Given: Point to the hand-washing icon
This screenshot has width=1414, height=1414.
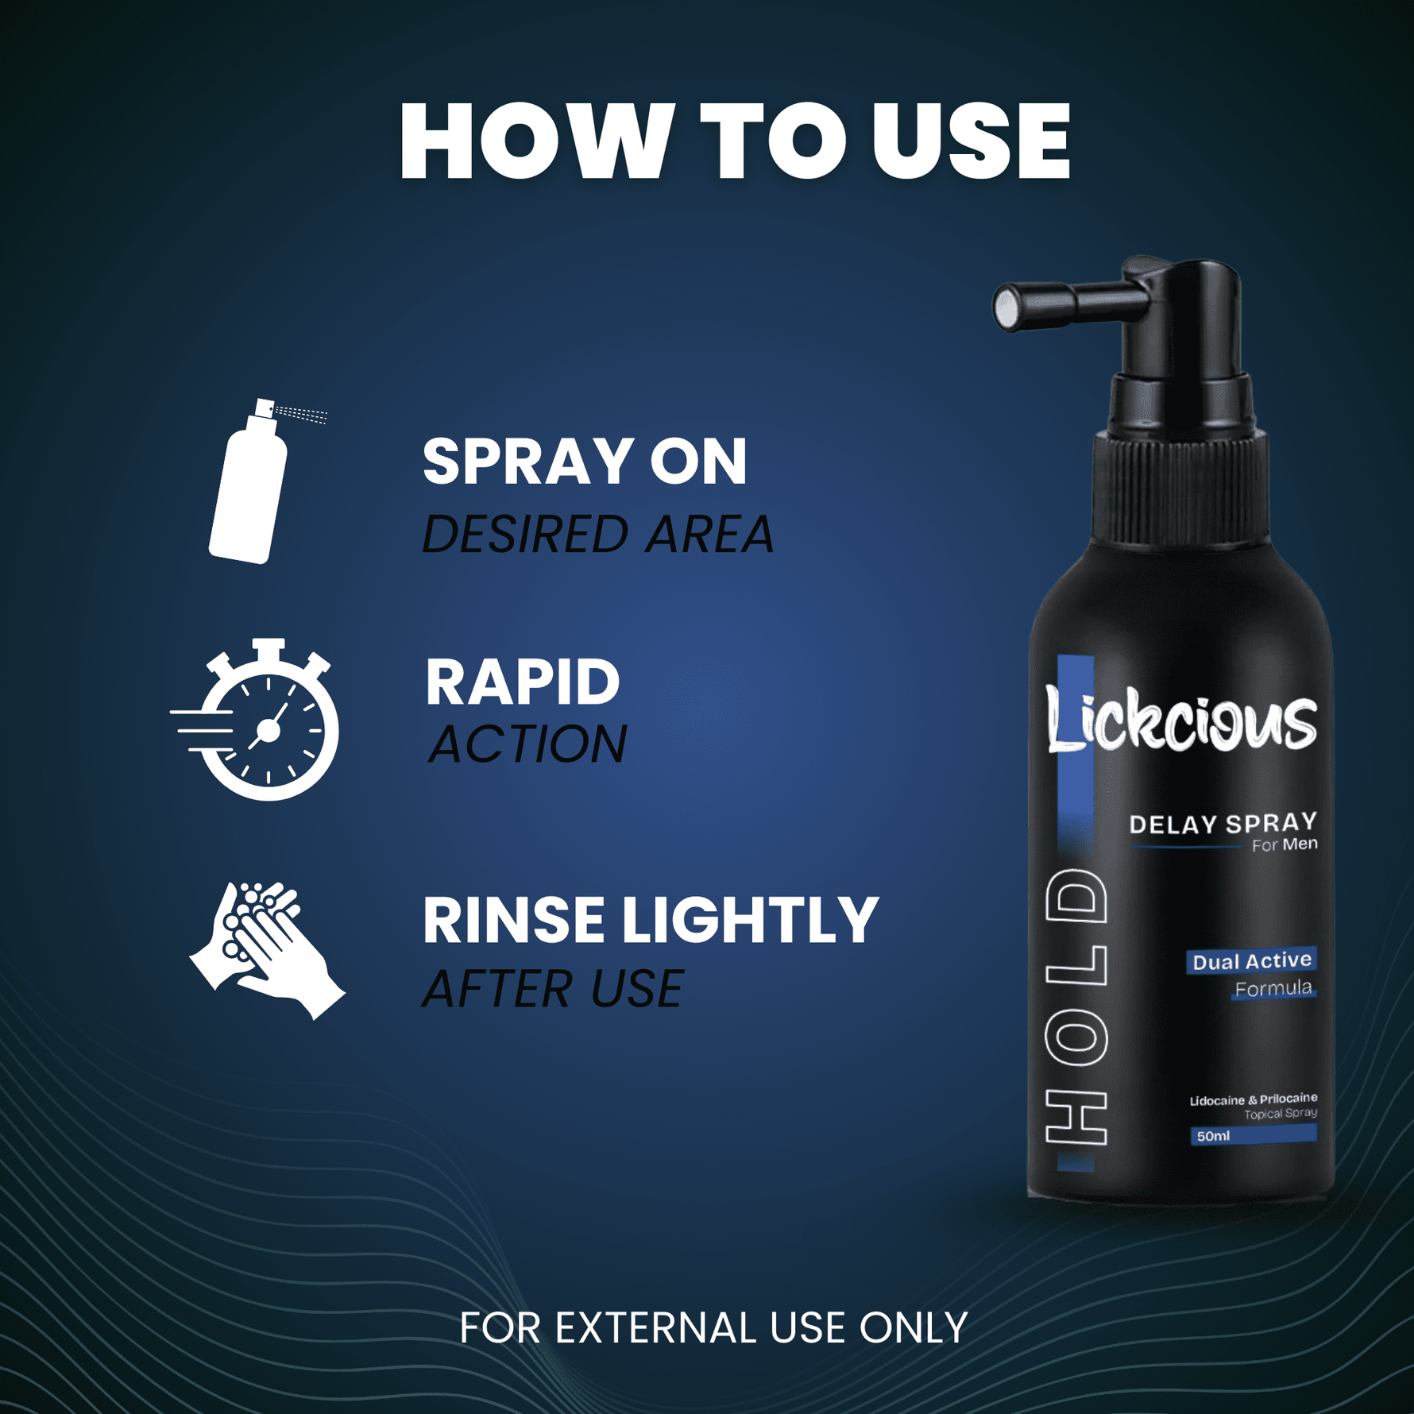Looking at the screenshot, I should [x=267, y=949].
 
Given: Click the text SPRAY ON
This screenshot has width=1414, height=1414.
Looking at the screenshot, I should [x=585, y=462].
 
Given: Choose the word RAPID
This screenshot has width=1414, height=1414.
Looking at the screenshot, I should [x=522, y=682].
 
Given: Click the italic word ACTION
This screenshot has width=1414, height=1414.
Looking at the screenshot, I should [x=527, y=744].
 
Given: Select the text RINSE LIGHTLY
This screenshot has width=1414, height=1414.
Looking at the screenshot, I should [x=650, y=920].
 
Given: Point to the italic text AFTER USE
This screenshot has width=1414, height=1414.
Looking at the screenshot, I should [x=553, y=989].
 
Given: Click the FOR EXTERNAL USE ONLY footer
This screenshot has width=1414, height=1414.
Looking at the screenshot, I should [x=713, y=1327].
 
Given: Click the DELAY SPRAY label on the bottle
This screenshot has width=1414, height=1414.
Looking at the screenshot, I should [x=1223, y=824].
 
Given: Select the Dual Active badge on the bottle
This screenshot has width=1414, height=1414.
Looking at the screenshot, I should [x=1251, y=961].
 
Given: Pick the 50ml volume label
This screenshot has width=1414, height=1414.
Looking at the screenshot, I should [x=1213, y=1136].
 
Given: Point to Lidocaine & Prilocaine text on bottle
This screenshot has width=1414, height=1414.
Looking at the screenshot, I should [x=1253, y=1099].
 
